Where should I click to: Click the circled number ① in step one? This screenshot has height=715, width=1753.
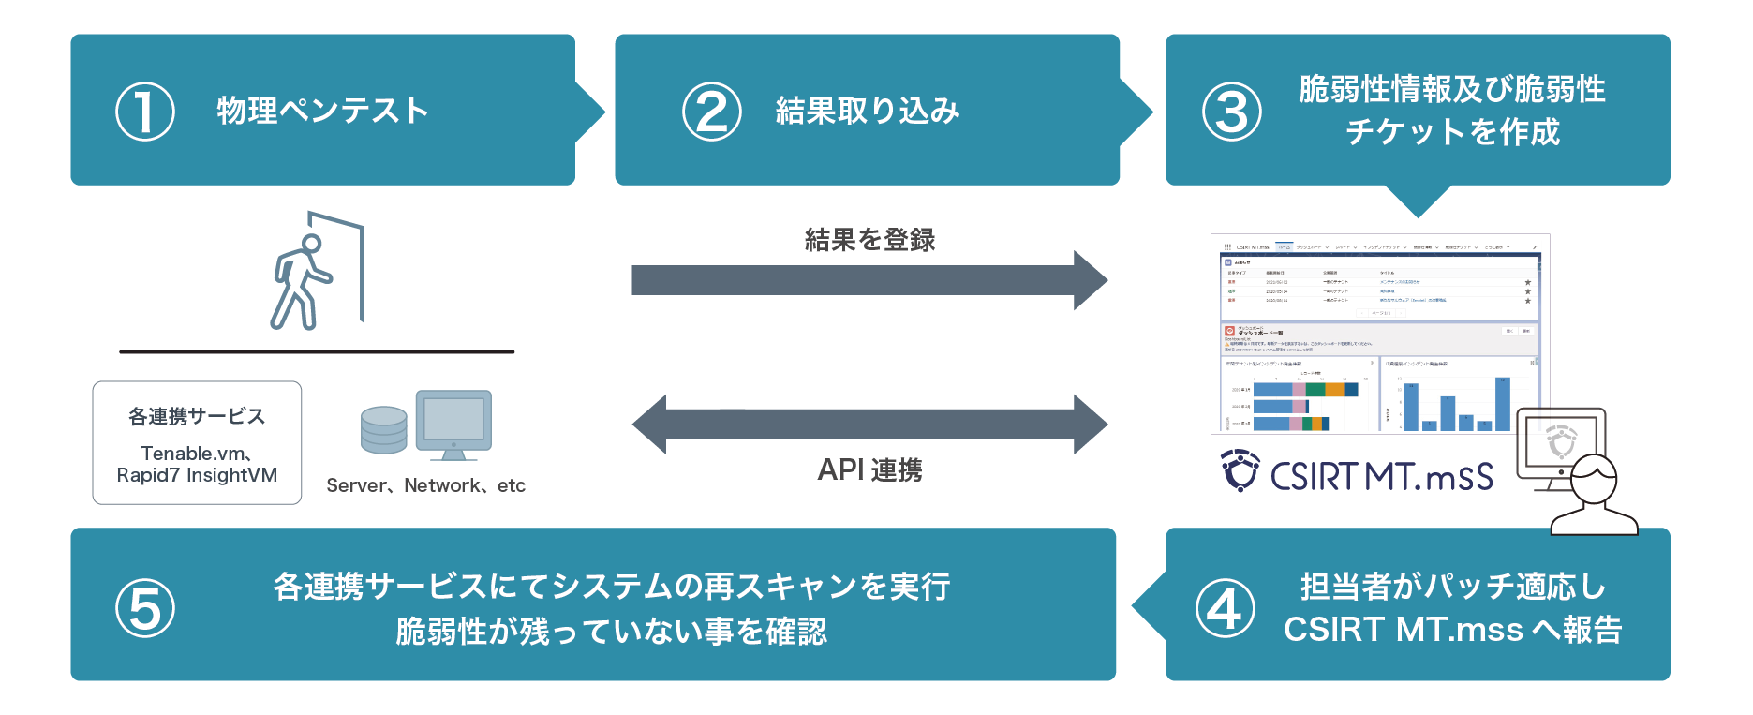coord(144,112)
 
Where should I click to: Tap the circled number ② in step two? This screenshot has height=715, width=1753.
coord(711,112)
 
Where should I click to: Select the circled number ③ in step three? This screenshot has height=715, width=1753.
coord(1231,112)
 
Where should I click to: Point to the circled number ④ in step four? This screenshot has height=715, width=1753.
coord(1225,608)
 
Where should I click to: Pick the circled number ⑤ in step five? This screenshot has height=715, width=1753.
coord(144,608)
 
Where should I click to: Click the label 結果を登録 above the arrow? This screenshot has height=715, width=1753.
coord(869,240)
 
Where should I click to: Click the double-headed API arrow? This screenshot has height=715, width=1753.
coord(869,425)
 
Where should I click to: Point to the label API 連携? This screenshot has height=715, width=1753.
coord(869,470)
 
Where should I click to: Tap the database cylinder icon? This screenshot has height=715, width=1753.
coord(384,430)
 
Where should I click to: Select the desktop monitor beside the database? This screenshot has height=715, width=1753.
coord(453,421)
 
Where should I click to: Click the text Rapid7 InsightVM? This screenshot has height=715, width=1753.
coord(197,475)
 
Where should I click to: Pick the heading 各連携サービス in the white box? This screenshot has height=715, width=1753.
coord(197,416)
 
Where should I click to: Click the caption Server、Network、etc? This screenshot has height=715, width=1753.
coord(425,485)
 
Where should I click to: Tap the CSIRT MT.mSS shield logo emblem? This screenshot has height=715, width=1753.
coord(1240,470)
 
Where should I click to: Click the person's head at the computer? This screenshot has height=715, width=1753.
coord(1594,479)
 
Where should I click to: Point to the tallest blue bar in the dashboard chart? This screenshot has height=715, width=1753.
coord(1503,404)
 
